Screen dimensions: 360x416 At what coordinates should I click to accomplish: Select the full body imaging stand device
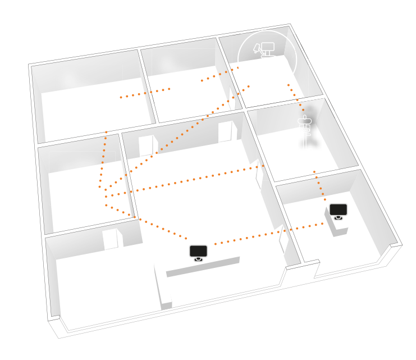(307, 135)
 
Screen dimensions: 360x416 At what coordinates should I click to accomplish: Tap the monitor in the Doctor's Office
(338, 211)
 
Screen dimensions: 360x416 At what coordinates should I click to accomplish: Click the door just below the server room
(109, 239)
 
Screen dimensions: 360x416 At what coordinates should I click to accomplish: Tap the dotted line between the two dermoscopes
(145, 93)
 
